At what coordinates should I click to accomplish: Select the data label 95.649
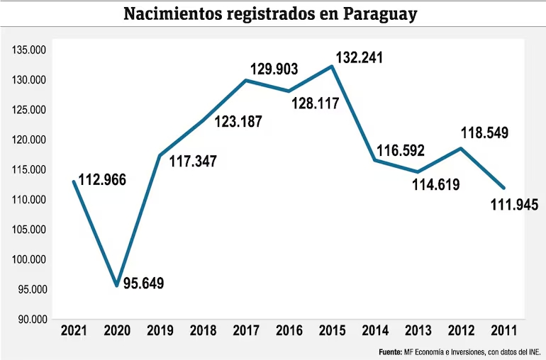point(143,283)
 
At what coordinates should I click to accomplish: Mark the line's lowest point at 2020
point(116,285)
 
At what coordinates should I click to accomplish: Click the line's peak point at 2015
point(332,67)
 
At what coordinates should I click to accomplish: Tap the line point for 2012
point(462,148)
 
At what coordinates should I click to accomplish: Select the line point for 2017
point(245,80)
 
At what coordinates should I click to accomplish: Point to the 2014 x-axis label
point(375,330)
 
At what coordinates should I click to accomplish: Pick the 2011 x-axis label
point(504,330)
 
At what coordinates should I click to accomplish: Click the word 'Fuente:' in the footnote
point(390,351)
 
